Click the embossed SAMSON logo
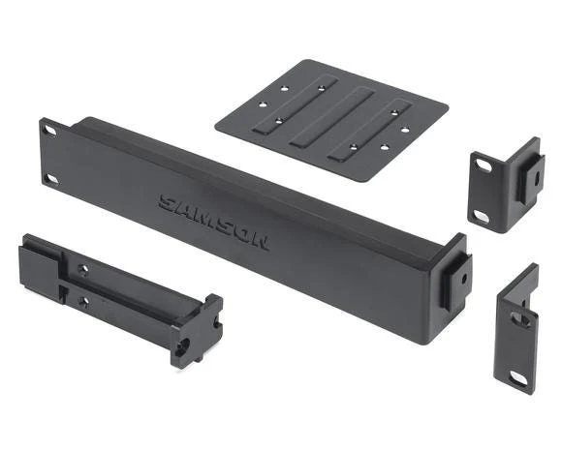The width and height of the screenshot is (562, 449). pos(213,223)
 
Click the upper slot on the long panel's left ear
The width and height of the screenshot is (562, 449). pos(49,130)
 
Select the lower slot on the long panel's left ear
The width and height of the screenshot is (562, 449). pos(52,179)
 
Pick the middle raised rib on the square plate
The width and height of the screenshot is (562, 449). pos(333,118)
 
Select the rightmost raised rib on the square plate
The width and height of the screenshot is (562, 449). pos(370,130)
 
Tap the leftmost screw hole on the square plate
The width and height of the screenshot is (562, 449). pos(264,105)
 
